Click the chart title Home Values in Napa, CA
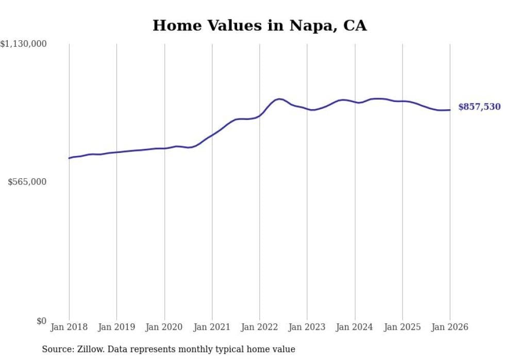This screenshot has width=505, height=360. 259,25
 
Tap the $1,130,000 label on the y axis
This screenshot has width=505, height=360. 24,45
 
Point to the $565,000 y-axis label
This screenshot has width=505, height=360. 27,182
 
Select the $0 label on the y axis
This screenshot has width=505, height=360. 41,321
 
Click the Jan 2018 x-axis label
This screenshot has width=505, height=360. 69,327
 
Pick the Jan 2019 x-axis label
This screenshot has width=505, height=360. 116,327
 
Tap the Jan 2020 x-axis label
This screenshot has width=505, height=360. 164,327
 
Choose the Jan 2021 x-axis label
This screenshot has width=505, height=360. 212,327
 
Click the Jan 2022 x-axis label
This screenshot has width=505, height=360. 260,327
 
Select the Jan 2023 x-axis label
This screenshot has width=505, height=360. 307,327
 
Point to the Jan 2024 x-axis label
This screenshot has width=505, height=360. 355,327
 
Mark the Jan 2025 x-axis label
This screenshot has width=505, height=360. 402,327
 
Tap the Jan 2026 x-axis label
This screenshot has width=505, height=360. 450,327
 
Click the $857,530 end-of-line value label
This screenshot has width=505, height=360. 479,107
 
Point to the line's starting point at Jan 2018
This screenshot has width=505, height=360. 69,158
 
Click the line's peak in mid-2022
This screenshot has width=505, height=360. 279,99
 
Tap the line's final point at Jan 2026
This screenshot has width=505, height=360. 450,110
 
